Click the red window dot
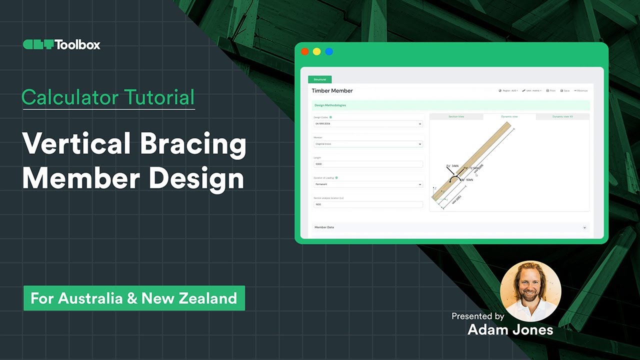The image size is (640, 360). (x=304, y=51)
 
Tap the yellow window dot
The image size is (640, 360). (x=316, y=51)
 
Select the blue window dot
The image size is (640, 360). (x=329, y=51)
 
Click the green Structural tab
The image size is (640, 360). (x=319, y=79)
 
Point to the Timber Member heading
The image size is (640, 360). (x=332, y=90)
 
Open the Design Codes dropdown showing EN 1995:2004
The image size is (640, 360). (x=368, y=123)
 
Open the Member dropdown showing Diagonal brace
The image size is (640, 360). (x=368, y=144)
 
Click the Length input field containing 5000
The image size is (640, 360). (x=368, y=164)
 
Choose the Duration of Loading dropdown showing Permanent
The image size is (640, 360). (x=368, y=184)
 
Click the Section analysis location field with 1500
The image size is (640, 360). (x=368, y=204)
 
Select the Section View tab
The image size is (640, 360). (x=456, y=116)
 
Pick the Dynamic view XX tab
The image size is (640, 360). (x=562, y=116)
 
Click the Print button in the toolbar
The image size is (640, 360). (x=550, y=90)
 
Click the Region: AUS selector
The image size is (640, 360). (x=508, y=90)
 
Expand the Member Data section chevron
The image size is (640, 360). (x=584, y=227)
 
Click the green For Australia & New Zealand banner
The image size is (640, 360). (x=134, y=298)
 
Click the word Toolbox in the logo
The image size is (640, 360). (x=77, y=44)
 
